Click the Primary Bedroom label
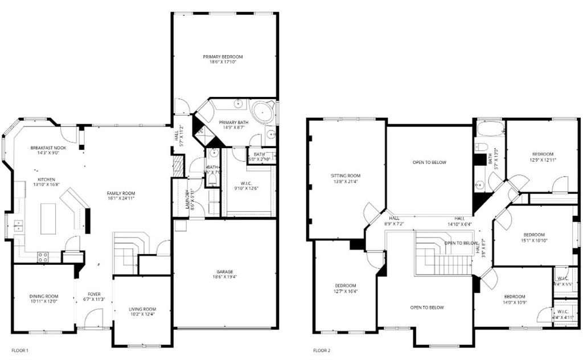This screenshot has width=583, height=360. [223, 57]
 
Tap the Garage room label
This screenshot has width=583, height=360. [225, 272]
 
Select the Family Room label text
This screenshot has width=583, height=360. [121, 194]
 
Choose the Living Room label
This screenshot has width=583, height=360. [142, 309]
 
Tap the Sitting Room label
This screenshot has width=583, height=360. [346, 176]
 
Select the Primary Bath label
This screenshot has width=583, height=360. [234, 122]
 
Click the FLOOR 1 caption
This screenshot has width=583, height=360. [19, 350]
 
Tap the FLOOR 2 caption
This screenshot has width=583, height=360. [322, 350]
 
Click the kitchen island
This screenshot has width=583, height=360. [48, 218]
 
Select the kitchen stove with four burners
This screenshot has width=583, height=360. [43, 257]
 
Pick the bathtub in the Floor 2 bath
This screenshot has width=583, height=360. [490, 128]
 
